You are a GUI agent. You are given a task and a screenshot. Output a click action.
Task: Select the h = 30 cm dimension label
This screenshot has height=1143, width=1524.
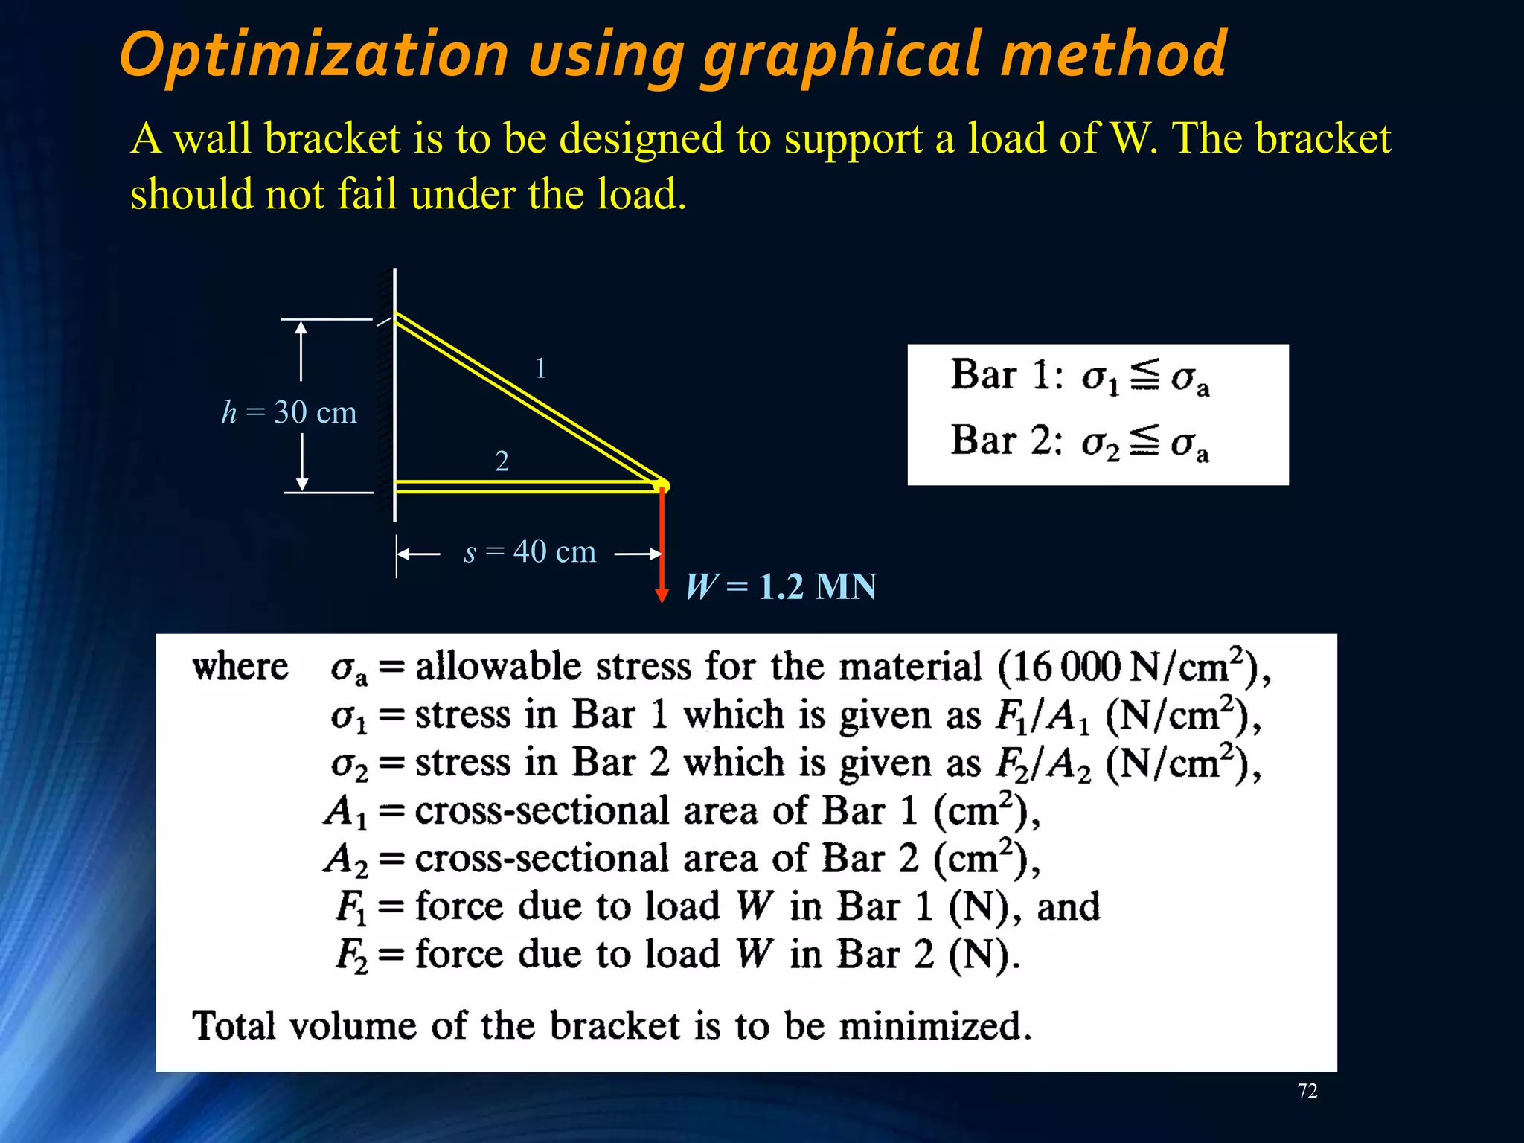[289, 412]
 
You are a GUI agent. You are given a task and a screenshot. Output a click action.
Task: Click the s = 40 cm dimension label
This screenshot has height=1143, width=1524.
[530, 552]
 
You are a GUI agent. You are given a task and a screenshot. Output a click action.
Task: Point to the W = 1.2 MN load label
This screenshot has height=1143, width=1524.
[781, 586]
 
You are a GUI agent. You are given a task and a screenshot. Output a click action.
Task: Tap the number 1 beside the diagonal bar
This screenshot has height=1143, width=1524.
[541, 368]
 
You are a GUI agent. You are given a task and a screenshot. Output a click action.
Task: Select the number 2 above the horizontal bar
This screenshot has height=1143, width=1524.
[502, 461]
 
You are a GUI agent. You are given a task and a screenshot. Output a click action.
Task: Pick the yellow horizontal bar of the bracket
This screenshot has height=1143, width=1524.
[521, 487]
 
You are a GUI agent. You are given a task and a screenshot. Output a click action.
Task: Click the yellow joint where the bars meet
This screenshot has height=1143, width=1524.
[662, 486]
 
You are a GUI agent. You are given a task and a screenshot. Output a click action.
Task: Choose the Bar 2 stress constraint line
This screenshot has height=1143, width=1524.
[1080, 441]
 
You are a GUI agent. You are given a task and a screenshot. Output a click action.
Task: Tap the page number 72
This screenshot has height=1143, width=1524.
[1307, 1091]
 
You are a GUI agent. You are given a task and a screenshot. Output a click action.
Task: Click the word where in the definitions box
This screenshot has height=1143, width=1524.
[240, 666]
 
